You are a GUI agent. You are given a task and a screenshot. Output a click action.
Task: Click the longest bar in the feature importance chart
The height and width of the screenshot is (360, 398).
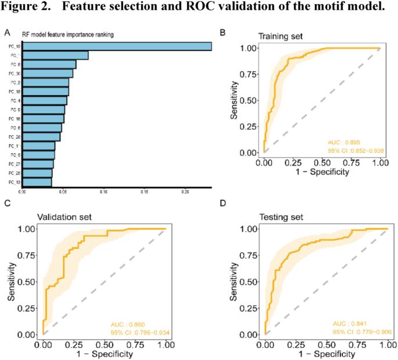point(116,46)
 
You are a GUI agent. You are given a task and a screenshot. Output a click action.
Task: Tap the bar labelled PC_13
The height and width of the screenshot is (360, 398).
point(37,182)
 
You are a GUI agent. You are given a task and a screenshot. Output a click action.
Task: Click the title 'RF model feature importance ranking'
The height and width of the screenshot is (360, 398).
point(67,35)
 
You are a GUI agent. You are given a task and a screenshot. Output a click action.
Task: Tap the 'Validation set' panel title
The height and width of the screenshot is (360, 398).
point(64,217)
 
